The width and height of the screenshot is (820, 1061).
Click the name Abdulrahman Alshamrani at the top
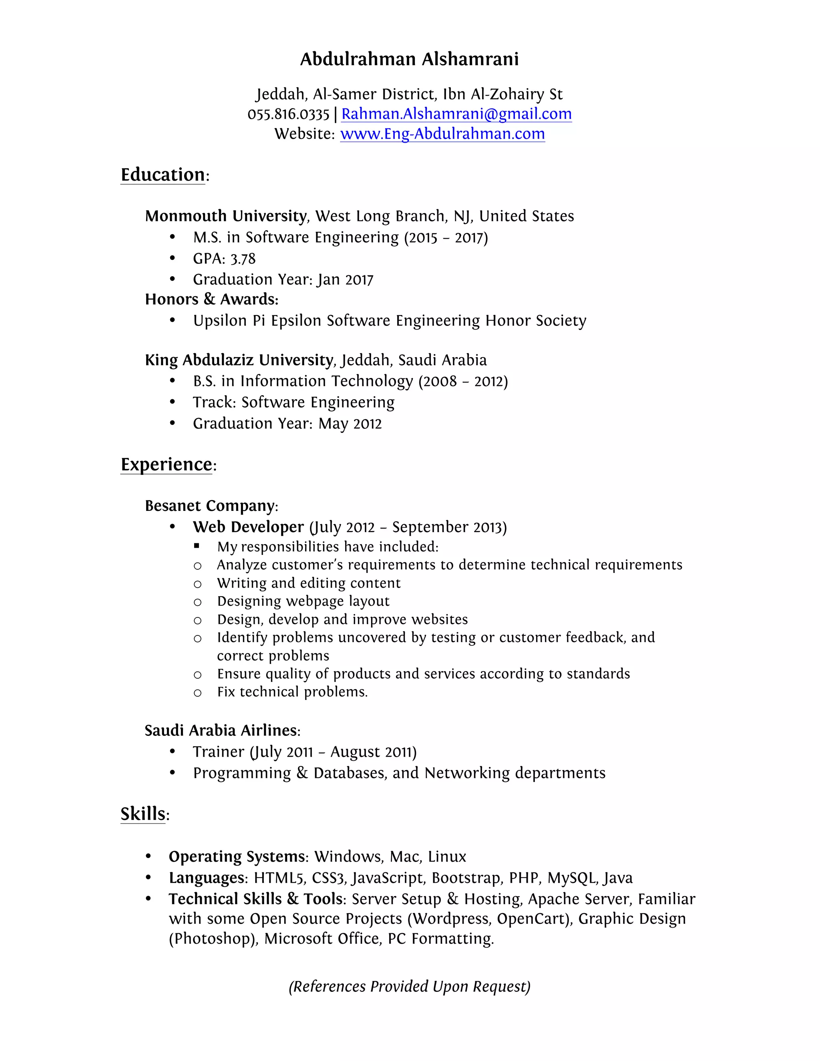point(409,59)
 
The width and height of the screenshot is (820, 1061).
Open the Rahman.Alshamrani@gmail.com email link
point(456,114)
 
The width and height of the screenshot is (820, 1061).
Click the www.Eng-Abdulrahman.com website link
point(442,134)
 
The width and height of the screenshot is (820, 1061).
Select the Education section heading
point(163,175)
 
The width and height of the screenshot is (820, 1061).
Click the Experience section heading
point(166,464)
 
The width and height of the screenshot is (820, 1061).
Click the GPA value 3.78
point(243,259)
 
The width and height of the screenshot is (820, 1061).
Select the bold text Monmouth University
point(225,216)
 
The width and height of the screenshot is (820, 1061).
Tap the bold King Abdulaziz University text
point(239,360)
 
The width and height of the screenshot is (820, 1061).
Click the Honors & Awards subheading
point(211,299)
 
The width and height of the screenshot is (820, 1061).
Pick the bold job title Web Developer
point(248,527)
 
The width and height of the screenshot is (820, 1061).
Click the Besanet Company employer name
point(209,506)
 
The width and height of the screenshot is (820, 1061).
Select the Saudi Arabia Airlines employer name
point(221,730)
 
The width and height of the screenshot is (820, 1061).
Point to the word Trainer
point(218,752)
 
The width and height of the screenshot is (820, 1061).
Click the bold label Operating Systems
point(236,856)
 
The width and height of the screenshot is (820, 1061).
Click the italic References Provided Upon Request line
point(409,986)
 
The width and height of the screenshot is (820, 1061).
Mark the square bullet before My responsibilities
point(197,546)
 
